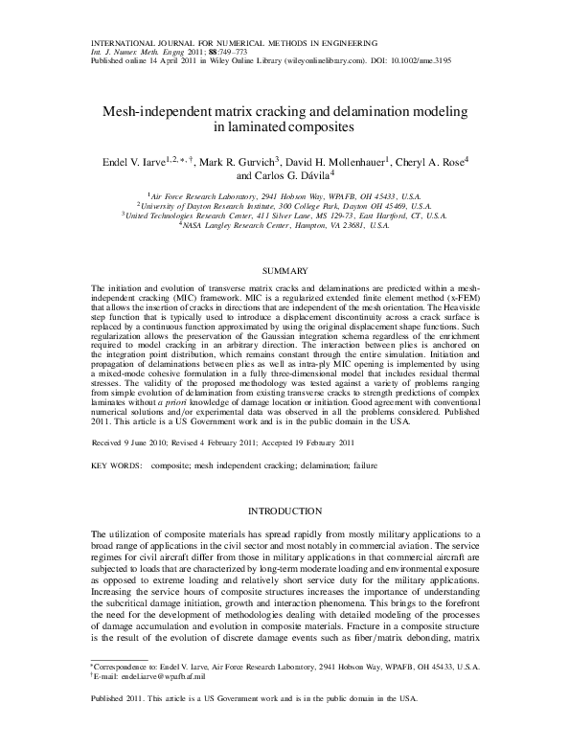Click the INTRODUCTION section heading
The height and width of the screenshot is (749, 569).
[x=284, y=511]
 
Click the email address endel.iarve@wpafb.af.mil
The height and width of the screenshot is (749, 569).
[x=151, y=702]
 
